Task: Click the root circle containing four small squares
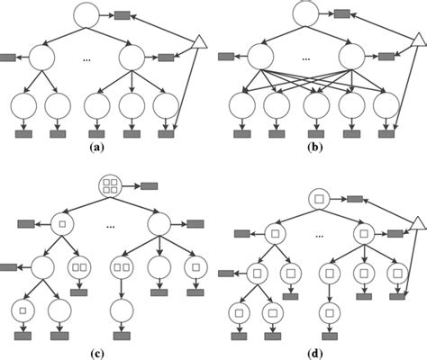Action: [x=111, y=187]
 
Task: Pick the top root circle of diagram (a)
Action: [x=87, y=15]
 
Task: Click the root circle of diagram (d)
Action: [x=317, y=197]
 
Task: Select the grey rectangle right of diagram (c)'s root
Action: [x=150, y=187]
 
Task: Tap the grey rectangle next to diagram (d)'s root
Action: [x=355, y=198]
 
